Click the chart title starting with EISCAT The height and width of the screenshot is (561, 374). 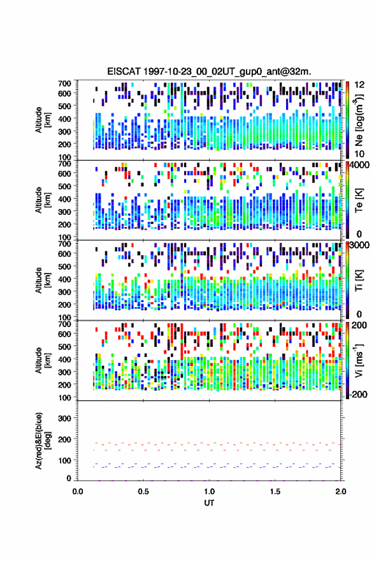(209, 71)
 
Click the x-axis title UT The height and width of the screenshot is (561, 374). (209, 503)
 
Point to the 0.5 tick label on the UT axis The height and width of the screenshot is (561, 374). (143, 492)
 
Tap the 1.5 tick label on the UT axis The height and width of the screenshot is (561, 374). (275, 492)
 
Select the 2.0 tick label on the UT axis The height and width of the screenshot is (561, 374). (341, 492)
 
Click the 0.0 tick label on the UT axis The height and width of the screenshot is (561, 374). (78, 492)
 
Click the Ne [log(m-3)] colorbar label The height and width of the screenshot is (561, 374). (359, 120)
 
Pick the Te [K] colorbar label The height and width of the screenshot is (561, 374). (359, 200)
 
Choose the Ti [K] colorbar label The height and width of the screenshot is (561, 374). (359, 280)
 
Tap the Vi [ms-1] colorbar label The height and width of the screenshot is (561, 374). (359, 360)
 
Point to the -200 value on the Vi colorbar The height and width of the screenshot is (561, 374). (358, 394)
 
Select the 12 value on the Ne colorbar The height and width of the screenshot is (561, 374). (359, 85)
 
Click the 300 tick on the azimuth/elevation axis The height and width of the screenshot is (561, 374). (64, 418)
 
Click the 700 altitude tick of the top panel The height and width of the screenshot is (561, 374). (64, 84)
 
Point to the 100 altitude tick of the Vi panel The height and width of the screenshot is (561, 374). (64, 398)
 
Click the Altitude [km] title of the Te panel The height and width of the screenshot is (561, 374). (42, 200)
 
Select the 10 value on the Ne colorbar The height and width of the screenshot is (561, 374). (359, 154)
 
